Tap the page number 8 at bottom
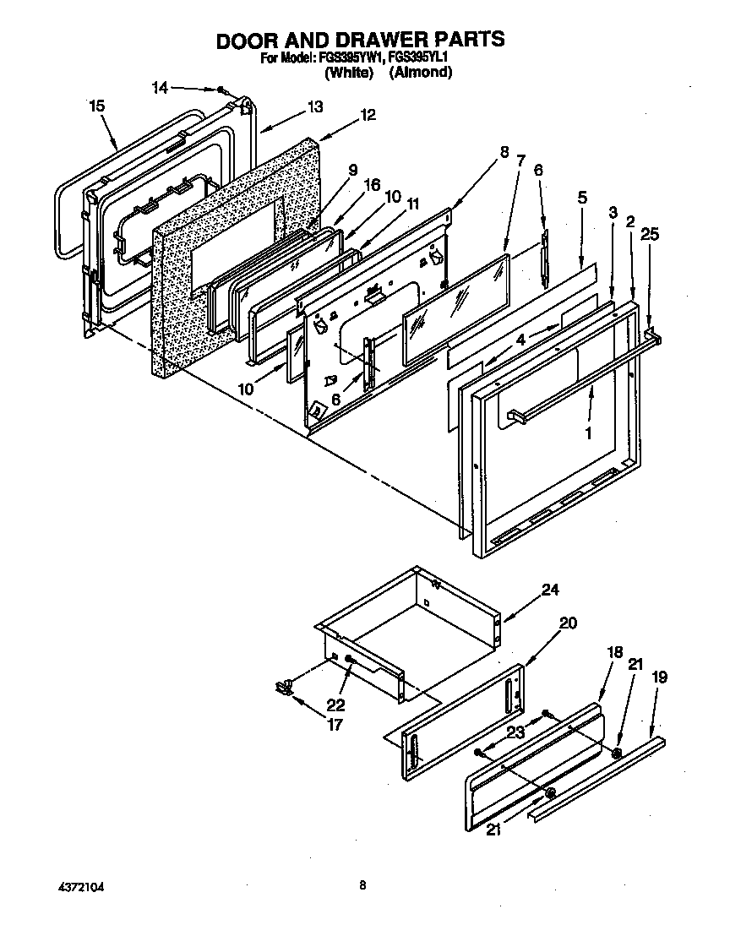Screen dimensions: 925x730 coord(362,885)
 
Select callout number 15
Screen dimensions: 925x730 coord(96,106)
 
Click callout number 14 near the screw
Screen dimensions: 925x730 coord(160,87)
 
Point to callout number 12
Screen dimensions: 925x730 coord(368,115)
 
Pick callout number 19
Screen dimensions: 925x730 coord(660,676)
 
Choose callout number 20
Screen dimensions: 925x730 coord(568,623)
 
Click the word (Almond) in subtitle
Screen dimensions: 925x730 coord(420,73)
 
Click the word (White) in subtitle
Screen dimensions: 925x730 coord(349,73)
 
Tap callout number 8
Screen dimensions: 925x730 coord(504,153)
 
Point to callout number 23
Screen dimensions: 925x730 coord(515,732)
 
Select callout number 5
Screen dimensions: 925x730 coord(582,198)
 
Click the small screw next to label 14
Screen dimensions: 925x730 coord(221,90)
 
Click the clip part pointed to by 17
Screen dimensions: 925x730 coord(283,686)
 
